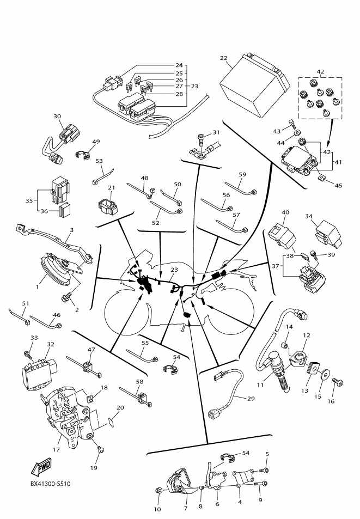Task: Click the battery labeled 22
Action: pyautogui.click(x=252, y=88)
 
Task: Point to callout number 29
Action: pyautogui.click(x=251, y=399)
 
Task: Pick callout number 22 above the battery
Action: pyautogui.click(x=223, y=58)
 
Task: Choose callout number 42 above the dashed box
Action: pyautogui.click(x=320, y=71)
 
